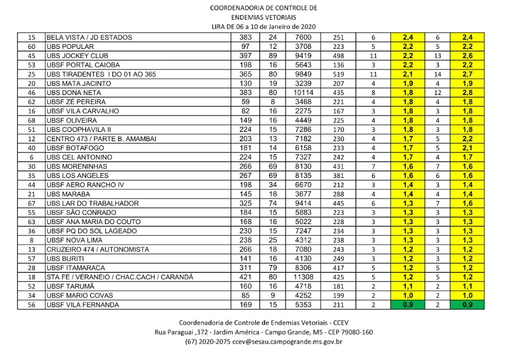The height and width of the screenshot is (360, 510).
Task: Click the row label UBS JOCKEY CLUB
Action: click(x=73, y=56)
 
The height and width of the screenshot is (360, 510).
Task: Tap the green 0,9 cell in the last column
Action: click(x=467, y=305)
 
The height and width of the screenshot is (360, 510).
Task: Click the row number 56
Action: click(x=31, y=305)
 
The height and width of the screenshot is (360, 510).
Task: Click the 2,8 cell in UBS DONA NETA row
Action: click(x=467, y=92)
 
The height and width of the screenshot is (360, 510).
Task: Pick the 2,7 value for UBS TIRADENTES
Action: click(x=467, y=74)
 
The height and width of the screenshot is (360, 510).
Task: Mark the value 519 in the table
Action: click(x=339, y=74)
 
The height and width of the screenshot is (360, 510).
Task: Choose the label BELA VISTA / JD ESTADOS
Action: click(x=89, y=38)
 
